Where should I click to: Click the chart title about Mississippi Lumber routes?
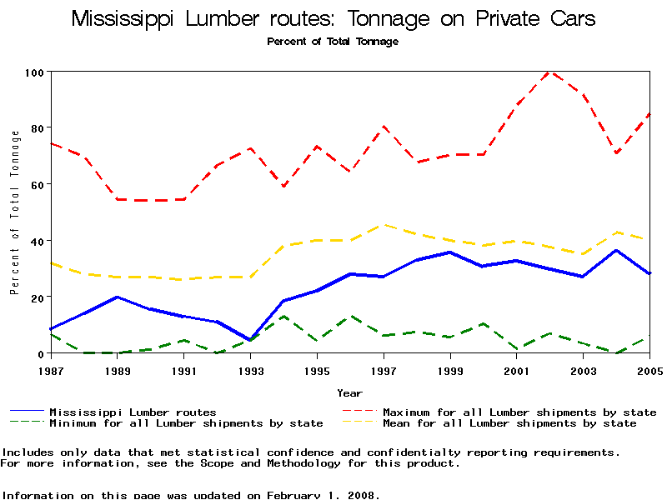coord(333,18)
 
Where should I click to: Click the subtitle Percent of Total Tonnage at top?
coord(333,42)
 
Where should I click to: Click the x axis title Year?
coord(349,392)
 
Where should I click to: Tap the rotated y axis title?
coord(14,212)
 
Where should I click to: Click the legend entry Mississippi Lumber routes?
coord(133,412)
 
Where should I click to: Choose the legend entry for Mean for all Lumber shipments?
coord(509,423)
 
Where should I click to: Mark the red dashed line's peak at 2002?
coord(549,72)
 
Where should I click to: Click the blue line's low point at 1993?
coord(250,340)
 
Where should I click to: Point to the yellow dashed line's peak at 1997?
coord(384,224)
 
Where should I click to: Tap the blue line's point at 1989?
coord(118,297)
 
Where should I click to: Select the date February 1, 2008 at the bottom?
coord(321,495)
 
